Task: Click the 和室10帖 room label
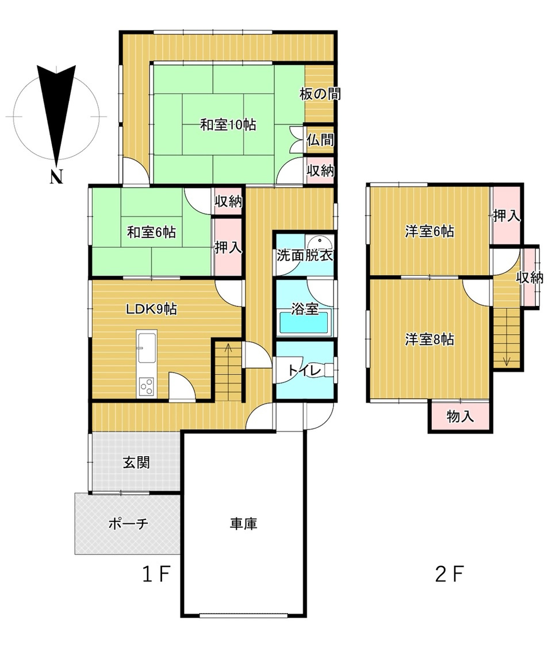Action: tap(228, 125)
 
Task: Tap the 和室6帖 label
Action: tap(151, 232)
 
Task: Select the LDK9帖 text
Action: tap(151, 309)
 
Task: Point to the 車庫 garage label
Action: tap(244, 523)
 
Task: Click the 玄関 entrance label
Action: tap(136, 462)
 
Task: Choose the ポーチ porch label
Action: tap(128, 523)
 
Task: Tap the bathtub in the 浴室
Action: tap(304, 322)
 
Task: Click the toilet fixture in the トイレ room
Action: tap(329, 370)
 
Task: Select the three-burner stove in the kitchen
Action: tap(147, 387)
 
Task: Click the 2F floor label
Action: tap(450, 573)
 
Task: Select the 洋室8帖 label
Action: tap(430, 339)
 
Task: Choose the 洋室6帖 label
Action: tap(430, 232)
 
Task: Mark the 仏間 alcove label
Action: tap(320, 140)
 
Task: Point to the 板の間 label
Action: tap(320, 94)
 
